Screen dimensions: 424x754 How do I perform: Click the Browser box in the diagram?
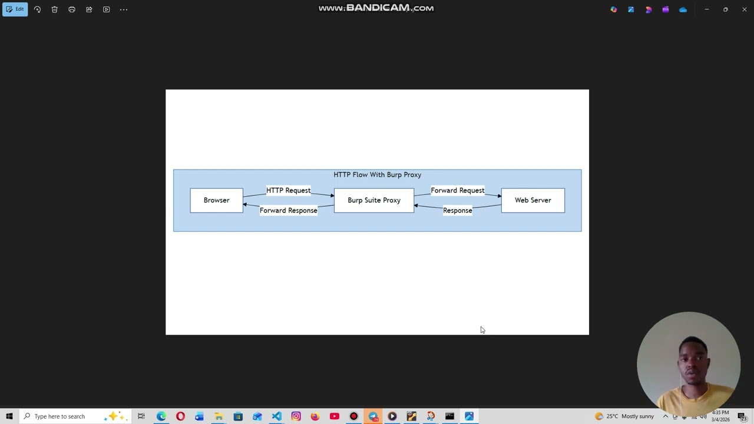point(216,200)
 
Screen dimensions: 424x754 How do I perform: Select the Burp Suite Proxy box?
point(373,200)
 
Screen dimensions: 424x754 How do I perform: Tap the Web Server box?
point(533,200)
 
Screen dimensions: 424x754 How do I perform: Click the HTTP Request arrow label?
point(288,190)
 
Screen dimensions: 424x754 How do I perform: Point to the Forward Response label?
point(288,210)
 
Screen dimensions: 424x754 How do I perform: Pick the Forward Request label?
point(457,190)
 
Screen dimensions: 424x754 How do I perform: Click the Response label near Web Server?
point(457,210)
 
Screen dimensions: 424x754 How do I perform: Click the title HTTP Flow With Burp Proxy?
point(377,175)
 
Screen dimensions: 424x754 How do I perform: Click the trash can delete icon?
point(54,9)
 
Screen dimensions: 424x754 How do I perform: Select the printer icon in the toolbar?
point(72,9)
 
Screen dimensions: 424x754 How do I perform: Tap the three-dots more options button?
point(124,9)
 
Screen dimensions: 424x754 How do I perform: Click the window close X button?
point(744,9)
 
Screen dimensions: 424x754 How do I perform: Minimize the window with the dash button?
point(706,9)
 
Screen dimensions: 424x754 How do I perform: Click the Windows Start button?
point(9,416)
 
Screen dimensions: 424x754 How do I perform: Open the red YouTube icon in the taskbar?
point(335,416)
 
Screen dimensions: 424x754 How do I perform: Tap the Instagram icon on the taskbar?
point(296,416)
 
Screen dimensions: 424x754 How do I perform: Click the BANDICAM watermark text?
point(376,8)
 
